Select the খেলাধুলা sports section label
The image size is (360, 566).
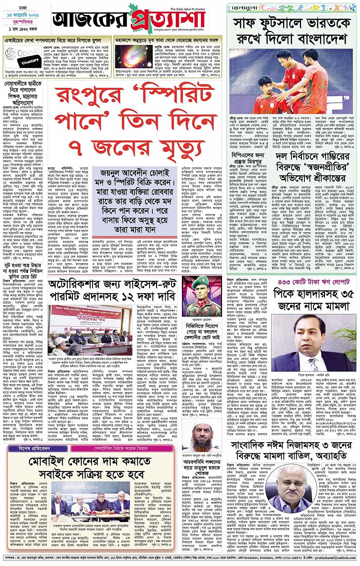[247, 8]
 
